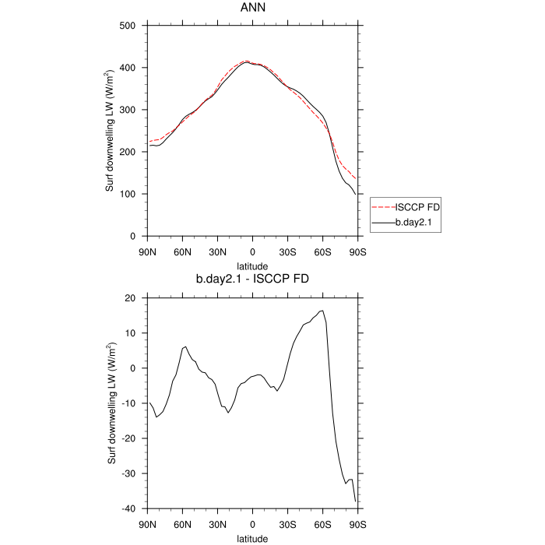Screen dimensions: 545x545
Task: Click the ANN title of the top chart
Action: coord(252,9)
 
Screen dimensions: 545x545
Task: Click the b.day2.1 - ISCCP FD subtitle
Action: coord(252,279)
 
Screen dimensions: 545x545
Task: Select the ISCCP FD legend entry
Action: coord(418,207)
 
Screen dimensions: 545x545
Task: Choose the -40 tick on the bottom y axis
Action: coord(130,508)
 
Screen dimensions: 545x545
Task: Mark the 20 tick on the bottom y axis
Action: coord(132,298)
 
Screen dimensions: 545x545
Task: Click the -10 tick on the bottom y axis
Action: coord(130,403)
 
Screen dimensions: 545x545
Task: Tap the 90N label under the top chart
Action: coord(147,251)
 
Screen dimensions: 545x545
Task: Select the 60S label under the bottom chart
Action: coord(322,524)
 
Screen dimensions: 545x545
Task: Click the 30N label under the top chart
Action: coord(217,251)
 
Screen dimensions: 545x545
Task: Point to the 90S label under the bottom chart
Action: coord(357,524)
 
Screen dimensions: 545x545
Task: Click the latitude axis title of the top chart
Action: coord(252,265)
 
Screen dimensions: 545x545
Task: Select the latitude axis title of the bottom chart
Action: coord(252,538)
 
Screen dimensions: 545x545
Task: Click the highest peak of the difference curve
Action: coord(322,311)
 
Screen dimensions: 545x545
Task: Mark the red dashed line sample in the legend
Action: coord(383,207)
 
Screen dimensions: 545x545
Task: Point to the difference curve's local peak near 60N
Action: coord(185,346)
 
